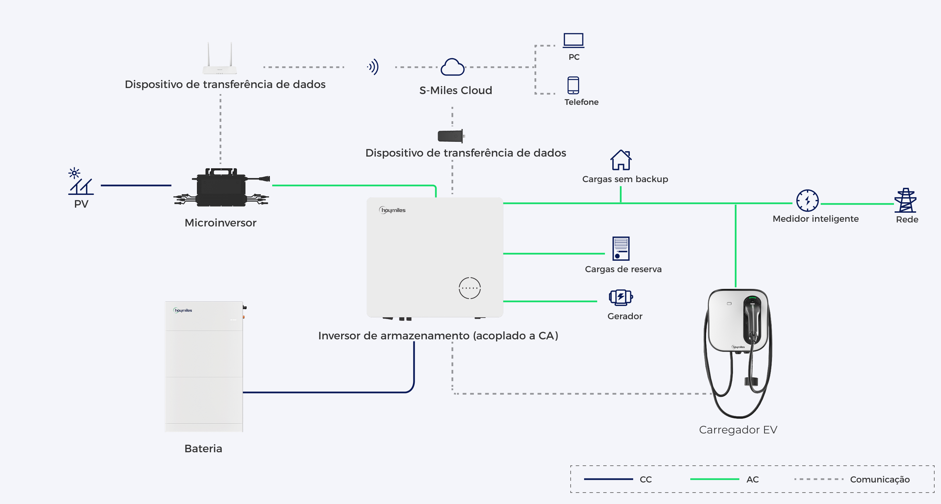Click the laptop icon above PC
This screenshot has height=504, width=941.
pyautogui.click(x=573, y=40)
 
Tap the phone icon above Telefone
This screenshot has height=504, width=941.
pyautogui.click(x=573, y=85)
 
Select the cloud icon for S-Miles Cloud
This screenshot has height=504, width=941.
pyautogui.click(x=453, y=67)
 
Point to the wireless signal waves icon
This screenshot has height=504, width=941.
pyautogui.click(x=373, y=67)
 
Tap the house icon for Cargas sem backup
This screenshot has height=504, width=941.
pyautogui.click(x=621, y=160)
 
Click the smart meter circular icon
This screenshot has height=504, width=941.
pyautogui.click(x=807, y=201)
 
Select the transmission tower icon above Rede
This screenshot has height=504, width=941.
pyautogui.click(x=906, y=200)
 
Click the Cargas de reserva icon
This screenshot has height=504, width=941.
pyautogui.click(x=621, y=248)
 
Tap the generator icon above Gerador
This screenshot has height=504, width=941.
pyautogui.click(x=621, y=297)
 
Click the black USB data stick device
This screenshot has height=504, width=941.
pyautogui.click(x=451, y=136)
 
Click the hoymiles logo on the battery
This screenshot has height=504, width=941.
pyautogui.click(x=182, y=310)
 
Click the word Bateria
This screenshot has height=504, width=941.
pyautogui.click(x=203, y=449)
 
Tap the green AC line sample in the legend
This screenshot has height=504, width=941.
pyautogui.click(x=714, y=479)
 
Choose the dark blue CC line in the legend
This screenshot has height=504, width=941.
pyautogui.click(x=609, y=479)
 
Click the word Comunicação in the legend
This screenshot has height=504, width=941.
pyautogui.click(x=879, y=479)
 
